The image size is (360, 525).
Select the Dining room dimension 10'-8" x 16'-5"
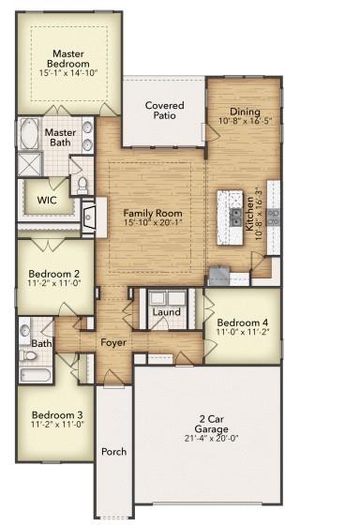(244, 121)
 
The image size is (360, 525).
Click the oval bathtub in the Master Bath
(27, 134)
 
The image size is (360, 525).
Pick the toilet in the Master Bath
(81, 184)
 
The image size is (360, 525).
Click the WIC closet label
(48, 200)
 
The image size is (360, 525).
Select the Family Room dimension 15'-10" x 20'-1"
(153, 225)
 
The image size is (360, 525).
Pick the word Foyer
(113, 342)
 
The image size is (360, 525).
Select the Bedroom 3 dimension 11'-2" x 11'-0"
(57, 425)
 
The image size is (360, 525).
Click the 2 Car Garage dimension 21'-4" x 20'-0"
(210, 437)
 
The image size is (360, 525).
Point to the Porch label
(113, 451)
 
